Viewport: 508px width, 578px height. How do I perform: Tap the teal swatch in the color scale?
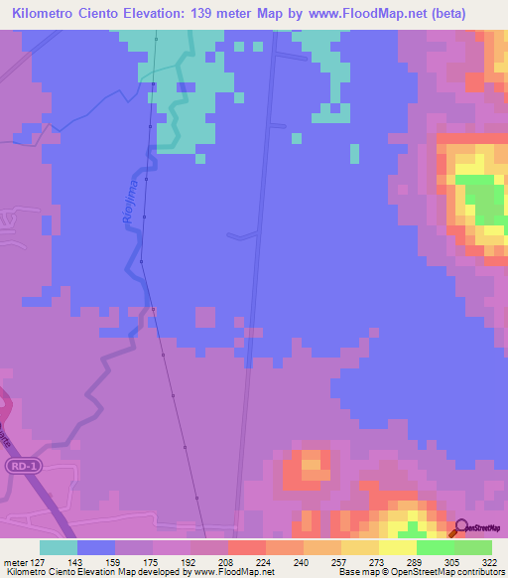pos(58,547)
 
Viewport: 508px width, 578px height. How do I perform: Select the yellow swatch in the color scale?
pos(397,547)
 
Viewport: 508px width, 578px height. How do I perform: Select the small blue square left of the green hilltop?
pos(355,154)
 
